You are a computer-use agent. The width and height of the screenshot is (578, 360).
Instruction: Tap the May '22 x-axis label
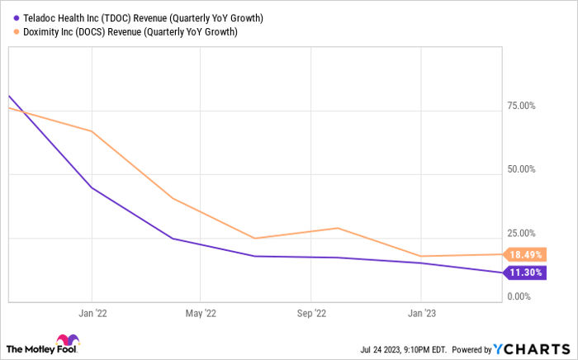point(200,313)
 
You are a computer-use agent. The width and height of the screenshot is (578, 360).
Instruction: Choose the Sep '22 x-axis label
point(310,313)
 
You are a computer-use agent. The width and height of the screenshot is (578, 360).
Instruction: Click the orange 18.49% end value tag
point(525,255)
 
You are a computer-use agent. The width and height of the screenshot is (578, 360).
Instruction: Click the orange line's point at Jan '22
point(91,131)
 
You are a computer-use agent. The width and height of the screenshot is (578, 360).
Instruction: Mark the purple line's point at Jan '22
point(91,188)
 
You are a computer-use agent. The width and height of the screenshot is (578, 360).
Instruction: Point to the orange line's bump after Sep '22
point(338,228)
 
